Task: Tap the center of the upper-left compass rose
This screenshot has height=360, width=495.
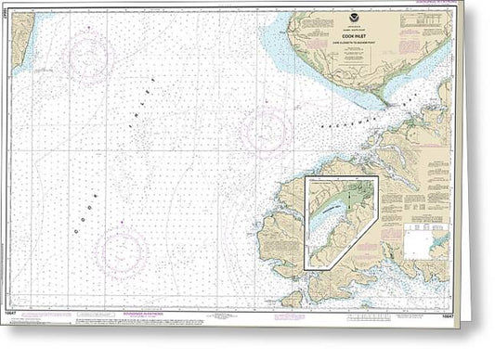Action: (x=89, y=58)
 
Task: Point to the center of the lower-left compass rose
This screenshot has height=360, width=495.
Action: (x=121, y=252)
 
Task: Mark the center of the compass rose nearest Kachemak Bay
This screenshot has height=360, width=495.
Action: (x=266, y=128)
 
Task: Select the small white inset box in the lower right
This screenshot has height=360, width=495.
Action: (x=419, y=245)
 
